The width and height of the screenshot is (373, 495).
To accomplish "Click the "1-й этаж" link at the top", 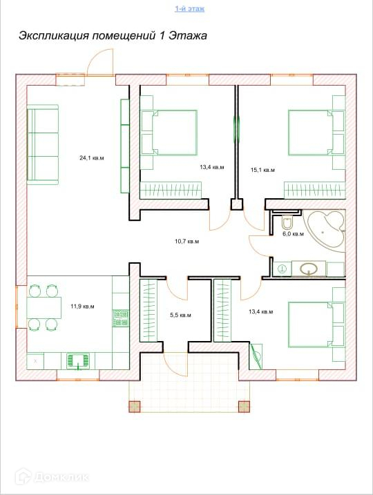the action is point(189,8).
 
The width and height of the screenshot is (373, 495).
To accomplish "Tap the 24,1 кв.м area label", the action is point(92,158).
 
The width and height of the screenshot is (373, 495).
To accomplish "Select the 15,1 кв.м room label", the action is point(262,170).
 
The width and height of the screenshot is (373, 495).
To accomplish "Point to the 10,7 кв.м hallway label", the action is point(187,242).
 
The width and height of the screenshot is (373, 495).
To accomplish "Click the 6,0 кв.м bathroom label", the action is point(293,234).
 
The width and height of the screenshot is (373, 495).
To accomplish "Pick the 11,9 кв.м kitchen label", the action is point(82,307).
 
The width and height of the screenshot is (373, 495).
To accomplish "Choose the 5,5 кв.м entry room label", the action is point(181,315).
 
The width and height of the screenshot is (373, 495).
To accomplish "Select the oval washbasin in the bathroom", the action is point(309,269).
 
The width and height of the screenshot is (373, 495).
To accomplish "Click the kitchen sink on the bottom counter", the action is point(77,361).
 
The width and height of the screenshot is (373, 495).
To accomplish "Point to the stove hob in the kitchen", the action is point(121,318).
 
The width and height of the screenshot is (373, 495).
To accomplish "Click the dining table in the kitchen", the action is point(44,307).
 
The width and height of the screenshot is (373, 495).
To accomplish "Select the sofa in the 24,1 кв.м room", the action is point(43,144).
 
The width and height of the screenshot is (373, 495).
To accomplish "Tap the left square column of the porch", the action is point(135,406).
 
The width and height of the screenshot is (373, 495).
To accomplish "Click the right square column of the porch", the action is point(244,406).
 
